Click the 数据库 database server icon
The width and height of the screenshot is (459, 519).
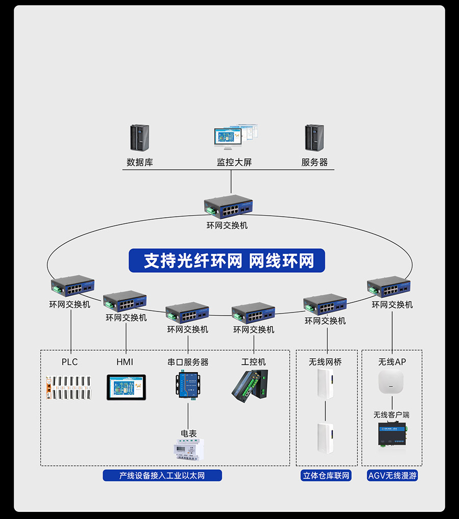coord(139,138)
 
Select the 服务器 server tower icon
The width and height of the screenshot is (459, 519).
coord(314,138)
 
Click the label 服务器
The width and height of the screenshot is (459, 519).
coord(314,163)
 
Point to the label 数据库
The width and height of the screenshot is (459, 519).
coord(140,163)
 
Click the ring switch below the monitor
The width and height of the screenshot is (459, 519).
coord(229,206)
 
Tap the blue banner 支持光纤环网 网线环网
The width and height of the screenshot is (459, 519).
coord(227,261)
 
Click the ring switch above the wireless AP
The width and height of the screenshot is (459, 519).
coord(389,287)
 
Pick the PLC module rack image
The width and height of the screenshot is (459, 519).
coord(70,388)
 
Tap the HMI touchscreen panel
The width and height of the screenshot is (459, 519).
coord(126,387)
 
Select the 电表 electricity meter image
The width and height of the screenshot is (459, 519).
coord(189,450)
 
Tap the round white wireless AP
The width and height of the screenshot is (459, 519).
coord(391,382)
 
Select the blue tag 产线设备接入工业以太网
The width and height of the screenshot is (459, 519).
coord(162,476)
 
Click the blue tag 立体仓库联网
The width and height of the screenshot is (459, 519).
coord(326,476)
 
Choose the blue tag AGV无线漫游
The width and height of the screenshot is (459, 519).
coord(392,476)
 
